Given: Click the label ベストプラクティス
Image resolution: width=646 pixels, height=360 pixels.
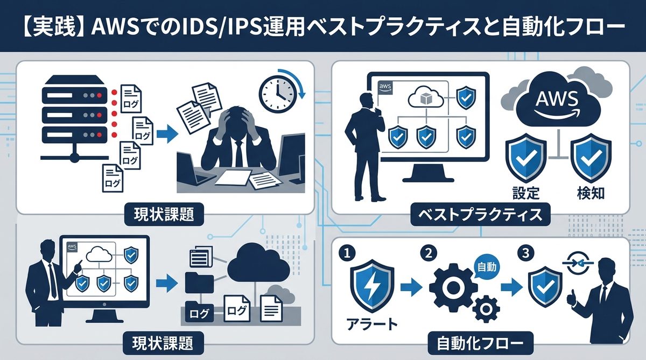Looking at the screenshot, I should [481, 215].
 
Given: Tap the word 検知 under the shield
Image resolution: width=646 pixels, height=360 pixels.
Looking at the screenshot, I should [590, 192].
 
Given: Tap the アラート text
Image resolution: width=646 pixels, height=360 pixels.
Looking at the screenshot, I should [370, 324].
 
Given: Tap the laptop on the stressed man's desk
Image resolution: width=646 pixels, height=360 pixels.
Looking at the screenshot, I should [192, 170].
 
